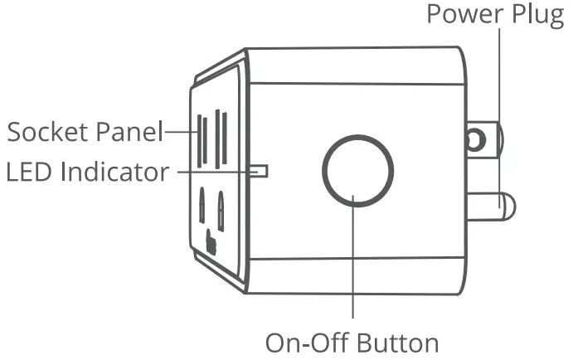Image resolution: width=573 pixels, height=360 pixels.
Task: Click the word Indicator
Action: pos(113,173)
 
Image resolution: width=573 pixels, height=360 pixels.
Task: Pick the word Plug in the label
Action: pos(539,16)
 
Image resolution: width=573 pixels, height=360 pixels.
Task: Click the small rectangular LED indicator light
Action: pos(260,170)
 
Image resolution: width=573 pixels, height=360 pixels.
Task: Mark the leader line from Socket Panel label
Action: pos(177,130)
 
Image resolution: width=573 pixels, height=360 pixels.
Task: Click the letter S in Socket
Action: pos(13,131)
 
